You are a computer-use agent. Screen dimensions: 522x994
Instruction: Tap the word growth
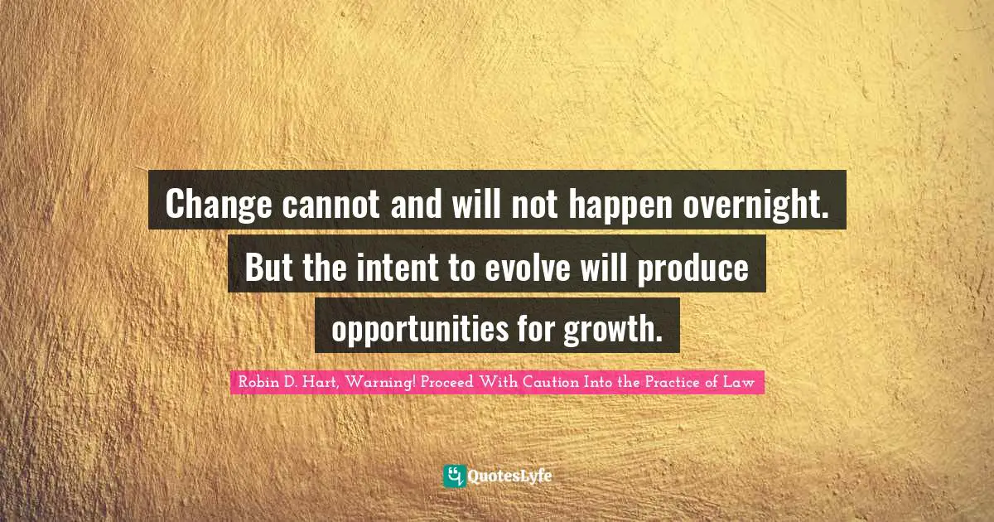(613, 329)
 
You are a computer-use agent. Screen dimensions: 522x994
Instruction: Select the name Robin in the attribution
(257, 382)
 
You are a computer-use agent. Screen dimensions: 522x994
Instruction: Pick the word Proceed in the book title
(449, 382)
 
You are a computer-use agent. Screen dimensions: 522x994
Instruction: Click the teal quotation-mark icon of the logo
(454, 476)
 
